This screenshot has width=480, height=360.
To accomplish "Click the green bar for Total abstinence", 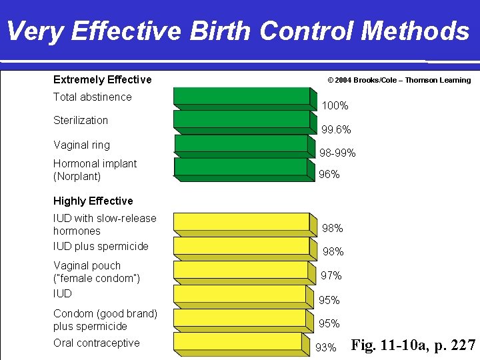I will (242, 96).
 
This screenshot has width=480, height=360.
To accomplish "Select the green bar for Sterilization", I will (242, 119).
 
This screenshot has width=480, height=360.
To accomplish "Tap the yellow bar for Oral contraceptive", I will (242, 341).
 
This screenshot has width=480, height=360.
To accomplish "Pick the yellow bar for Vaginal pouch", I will (242, 270).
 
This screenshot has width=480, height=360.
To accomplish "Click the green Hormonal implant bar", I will (242, 167).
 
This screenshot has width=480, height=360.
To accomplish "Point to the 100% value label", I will (335, 106).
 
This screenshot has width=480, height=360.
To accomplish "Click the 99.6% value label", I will (336, 129).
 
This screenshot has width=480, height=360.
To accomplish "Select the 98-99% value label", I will (337, 153).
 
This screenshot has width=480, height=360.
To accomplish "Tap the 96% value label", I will (329, 175).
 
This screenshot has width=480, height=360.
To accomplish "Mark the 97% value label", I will (331, 275).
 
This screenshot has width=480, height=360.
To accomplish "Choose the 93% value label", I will (326, 347).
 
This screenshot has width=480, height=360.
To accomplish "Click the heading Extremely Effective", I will (102, 79).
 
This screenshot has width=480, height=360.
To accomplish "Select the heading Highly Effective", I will (93, 201).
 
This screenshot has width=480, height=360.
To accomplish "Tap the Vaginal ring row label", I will (81, 145).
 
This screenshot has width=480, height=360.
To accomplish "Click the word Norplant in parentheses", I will (77, 177).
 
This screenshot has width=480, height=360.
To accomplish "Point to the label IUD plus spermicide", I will (101, 246).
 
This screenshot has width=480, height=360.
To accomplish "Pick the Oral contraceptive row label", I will (97, 343).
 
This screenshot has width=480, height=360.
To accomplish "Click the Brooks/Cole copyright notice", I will (399, 80).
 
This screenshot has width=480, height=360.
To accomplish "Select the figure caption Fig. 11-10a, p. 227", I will (413, 345).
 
